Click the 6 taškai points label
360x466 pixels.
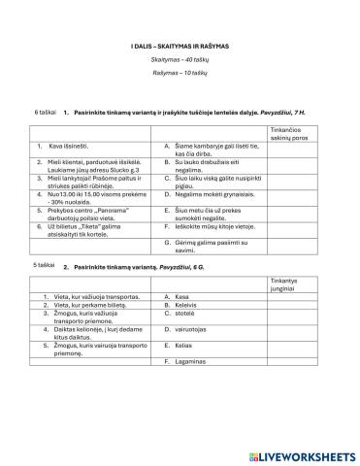pos(46,113)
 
